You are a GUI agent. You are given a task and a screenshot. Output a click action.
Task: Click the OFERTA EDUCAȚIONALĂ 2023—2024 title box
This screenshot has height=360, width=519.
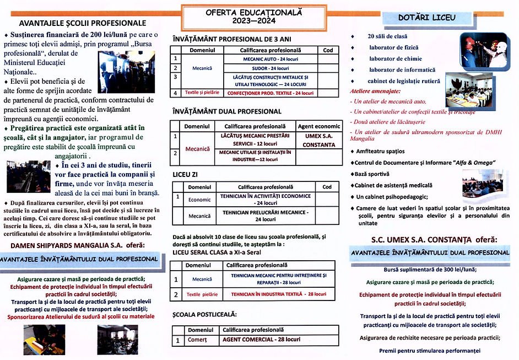[239, 17]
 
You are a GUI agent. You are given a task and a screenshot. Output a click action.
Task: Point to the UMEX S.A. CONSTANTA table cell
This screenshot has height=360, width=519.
[319, 139]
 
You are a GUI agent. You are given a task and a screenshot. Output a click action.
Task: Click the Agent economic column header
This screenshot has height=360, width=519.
[319, 126]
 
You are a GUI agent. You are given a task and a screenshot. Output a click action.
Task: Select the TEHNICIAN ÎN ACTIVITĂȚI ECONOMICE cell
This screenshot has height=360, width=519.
[265, 199]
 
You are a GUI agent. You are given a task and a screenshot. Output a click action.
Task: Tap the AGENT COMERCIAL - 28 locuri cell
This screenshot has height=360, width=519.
[261, 340]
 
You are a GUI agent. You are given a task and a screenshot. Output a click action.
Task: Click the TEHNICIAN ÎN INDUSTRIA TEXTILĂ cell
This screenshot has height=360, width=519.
[278, 294]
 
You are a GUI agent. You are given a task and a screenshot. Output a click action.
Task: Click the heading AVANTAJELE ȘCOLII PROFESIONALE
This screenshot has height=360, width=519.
[83, 23]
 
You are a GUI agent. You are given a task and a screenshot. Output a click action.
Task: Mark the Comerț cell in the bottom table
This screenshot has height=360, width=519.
[197, 340]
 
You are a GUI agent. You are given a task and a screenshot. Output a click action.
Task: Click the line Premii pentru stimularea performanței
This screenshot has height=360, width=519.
[430, 351]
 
